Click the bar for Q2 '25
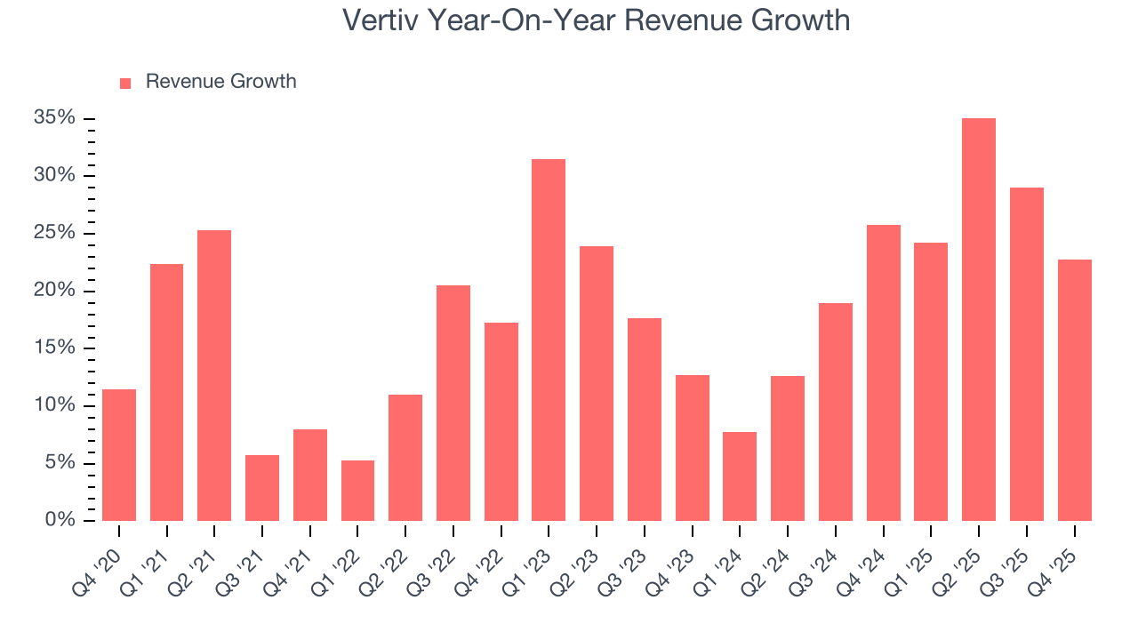tap(978, 320)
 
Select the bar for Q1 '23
tap(549, 340)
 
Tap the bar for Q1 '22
tap(357, 491)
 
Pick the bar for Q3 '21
tap(262, 488)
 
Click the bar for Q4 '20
tap(119, 455)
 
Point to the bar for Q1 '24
tap(740, 476)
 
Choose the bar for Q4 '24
tap(883, 373)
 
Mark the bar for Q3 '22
tap(453, 404)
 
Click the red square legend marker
tap(125, 83)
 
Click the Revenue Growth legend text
tap(220, 82)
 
